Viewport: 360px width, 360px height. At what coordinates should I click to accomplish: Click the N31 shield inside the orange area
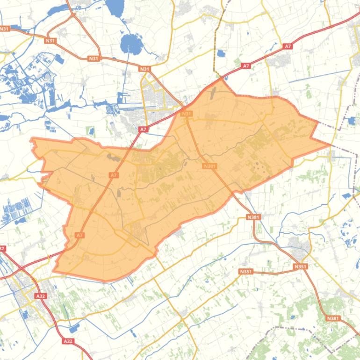[x=186, y=114]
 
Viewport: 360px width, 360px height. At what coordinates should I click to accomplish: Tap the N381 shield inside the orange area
[x=210, y=166]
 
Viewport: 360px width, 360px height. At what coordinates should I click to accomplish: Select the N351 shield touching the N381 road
[x=301, y=266]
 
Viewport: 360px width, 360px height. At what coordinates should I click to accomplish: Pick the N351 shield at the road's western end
[x=245, y=272]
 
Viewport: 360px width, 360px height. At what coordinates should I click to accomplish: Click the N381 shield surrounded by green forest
[x=333, y=318]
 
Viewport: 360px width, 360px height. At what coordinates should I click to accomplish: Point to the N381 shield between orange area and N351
[x=253, y=217]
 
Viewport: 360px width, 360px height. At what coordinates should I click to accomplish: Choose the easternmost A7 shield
[x=288, y=46]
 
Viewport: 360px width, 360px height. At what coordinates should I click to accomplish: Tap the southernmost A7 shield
[x=79, y=235]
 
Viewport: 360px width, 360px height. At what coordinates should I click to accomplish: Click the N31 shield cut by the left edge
[x=4, y=29]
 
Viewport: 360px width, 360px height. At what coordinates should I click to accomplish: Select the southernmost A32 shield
[x=68, y=341]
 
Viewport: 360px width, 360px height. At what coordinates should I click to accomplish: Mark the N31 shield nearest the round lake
[x=144, y=69]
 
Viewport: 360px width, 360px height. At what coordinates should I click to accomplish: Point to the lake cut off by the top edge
[x=115, y=7]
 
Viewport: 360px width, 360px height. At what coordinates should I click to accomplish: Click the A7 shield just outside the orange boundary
[x=143, y=129]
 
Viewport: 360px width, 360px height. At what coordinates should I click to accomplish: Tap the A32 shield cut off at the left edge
[x=2, y=248]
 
